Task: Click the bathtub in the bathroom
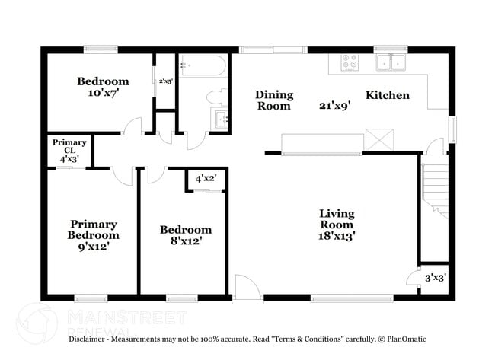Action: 203,65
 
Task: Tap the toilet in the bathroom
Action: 217,97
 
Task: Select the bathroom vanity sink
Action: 219,118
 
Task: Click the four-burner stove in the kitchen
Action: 350,62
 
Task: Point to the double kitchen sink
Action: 391,62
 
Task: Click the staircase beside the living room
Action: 436,191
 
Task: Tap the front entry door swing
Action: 247,288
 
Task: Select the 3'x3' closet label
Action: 436,278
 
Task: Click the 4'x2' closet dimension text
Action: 206,179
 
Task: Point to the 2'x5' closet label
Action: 166,81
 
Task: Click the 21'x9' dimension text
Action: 335,105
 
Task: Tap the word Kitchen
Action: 388,95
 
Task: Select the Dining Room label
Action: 274,100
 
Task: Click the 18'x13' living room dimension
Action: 337,236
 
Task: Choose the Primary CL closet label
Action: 69,146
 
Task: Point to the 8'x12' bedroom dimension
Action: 187,241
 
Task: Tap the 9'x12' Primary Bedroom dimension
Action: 94,246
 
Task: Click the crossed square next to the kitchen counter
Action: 379,139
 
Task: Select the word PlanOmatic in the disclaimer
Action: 407,339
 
